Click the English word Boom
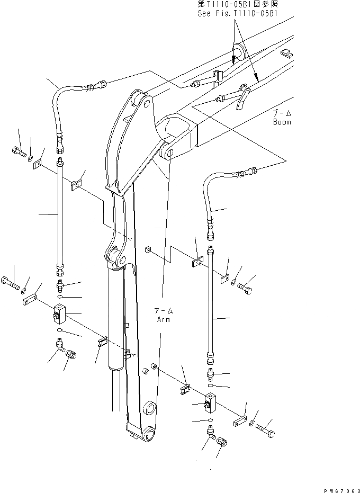pos(282,122)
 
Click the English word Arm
pos(164,319)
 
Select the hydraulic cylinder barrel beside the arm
pos(115,318)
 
